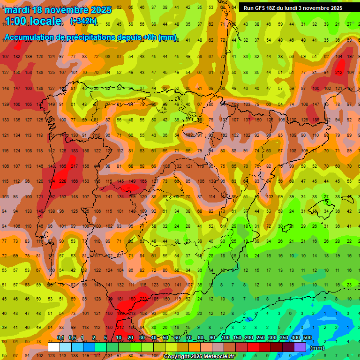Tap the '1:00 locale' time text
[x=33, y=21]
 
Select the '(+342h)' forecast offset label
[x=83, y=21]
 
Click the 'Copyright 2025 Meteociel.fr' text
[x=199, y=357]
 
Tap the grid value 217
[x=74, y=166]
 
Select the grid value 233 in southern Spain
[x=143, y=299]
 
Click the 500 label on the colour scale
[x=307, y=337]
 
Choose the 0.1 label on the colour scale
[x=60, y=337]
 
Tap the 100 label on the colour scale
[x=225, y=337]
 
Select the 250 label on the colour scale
[x=261, y=337]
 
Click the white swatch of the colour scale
[x=54, y=347]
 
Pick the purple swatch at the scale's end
[x=300, y=347]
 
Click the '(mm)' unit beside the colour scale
[x=317, y=348]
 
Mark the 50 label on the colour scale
[x=165, y=337]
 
